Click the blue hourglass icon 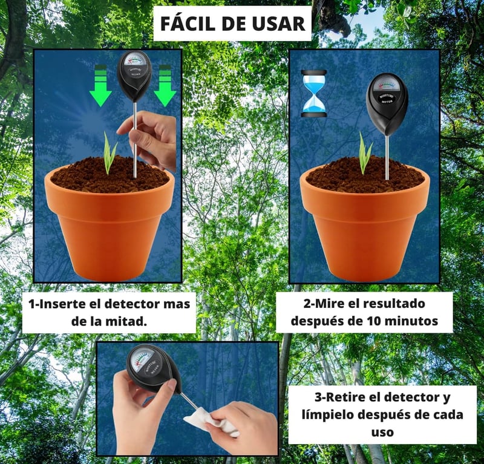[313, 94]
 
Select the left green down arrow [100, 86]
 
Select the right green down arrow [165, 86]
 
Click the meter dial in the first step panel [134, 60]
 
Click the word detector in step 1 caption [130, 304]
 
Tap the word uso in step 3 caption [382, 432]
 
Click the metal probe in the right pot [387, 158]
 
